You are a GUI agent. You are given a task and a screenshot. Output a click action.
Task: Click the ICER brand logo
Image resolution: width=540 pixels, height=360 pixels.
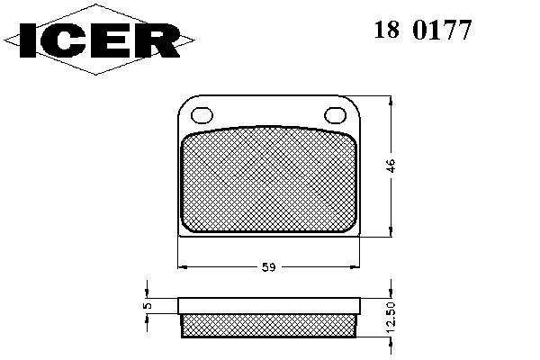click(99, 40)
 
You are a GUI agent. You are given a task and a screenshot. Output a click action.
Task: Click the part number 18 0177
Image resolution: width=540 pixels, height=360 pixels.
click(423, 30)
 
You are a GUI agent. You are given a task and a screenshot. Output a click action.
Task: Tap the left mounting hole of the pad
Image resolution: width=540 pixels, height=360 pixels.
click(202, 115)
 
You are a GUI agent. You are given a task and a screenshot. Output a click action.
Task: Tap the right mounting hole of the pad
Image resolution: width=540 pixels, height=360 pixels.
click(336, 115)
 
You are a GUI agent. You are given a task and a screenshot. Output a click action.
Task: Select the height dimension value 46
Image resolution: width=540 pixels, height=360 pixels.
click(391, 166)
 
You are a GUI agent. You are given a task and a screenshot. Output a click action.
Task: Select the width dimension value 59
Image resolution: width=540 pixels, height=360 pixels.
click(268, 267)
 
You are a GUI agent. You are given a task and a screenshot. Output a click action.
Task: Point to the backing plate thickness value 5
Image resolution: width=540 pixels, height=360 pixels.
click(148, 305)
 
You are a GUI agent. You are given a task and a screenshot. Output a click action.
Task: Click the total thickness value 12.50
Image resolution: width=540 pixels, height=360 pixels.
click(391, 318)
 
